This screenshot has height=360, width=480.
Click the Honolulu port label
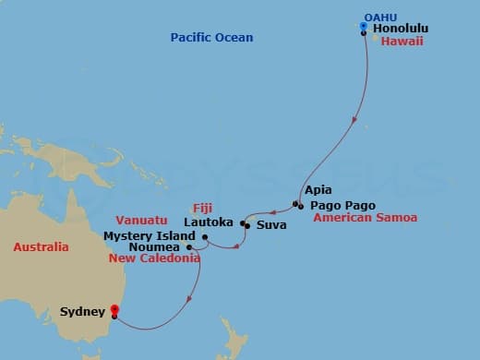click(403, 29)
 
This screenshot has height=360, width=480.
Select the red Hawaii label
click(407, 43)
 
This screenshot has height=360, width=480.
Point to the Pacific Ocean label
click(211, 37)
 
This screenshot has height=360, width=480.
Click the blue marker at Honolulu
click(365, 27)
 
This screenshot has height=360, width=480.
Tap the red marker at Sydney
click(114, 311)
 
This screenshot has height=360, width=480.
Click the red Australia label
click(41, 247)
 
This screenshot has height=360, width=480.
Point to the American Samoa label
click(365, 218)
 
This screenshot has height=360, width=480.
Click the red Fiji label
click(202, 208)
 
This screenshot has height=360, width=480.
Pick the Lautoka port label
click(210, 222)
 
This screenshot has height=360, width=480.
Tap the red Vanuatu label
click(141, 221)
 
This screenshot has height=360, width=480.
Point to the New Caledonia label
click(154, 259)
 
